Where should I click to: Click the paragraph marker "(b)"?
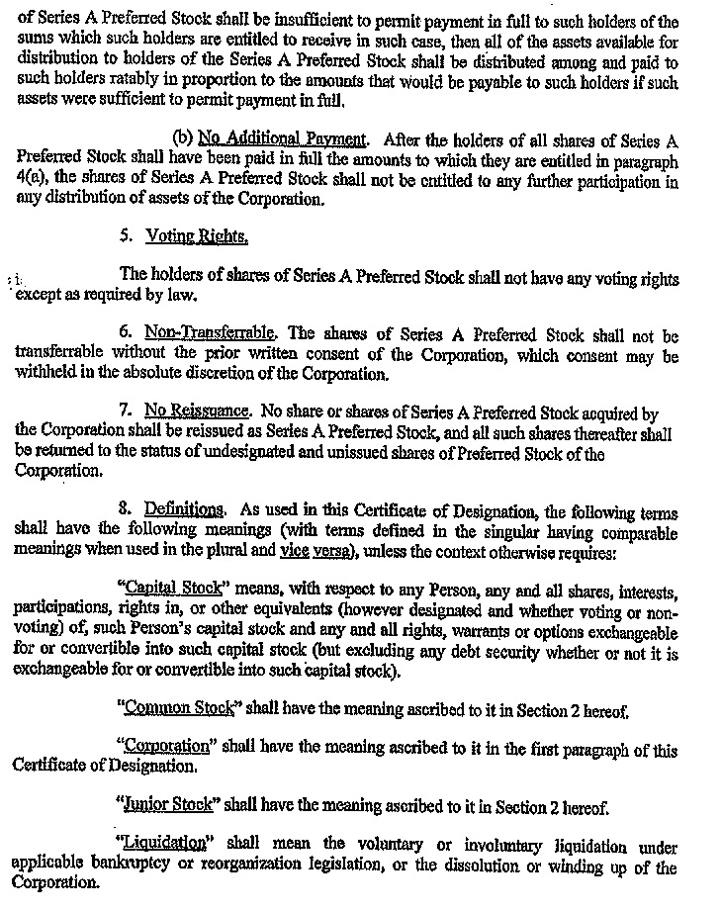182,138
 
